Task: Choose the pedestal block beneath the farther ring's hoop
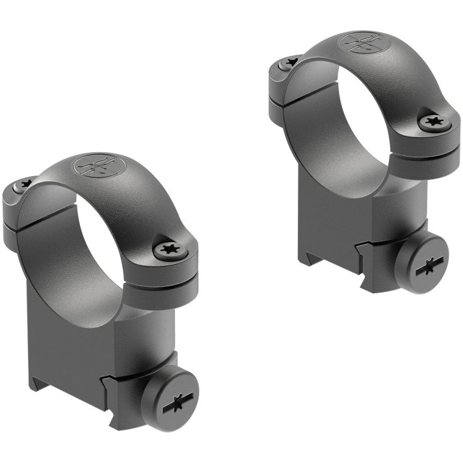click(345, 215)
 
